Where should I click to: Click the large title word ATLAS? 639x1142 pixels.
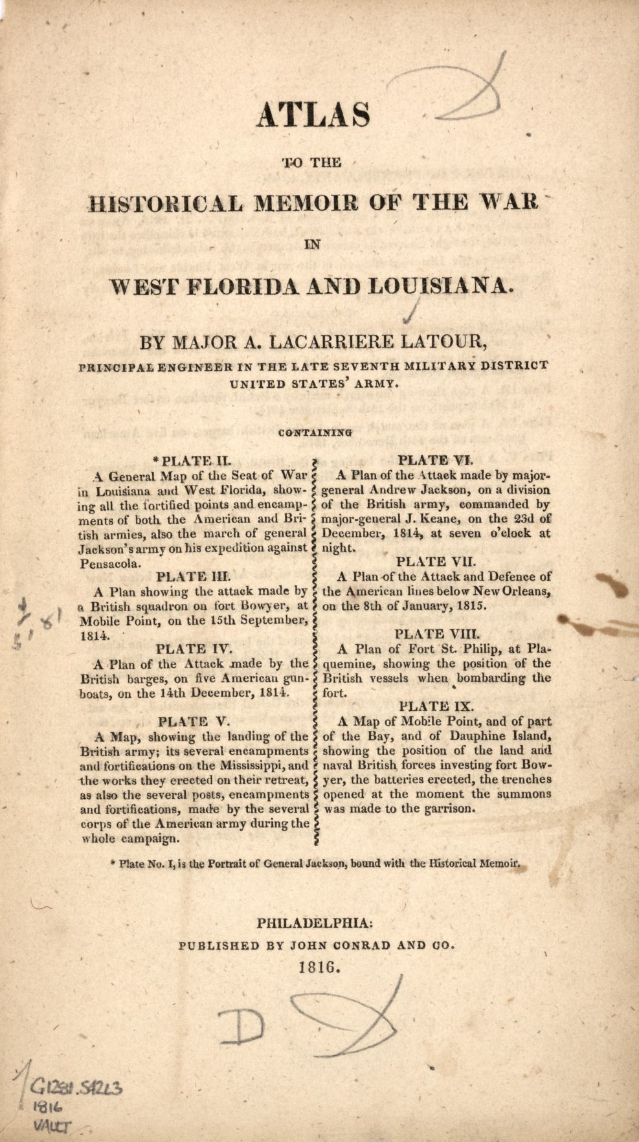click(314, 116)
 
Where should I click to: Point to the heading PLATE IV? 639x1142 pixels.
click(192, 649)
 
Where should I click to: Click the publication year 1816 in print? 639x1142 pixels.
click(320, 968)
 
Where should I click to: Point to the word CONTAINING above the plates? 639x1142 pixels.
click(315, 428)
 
